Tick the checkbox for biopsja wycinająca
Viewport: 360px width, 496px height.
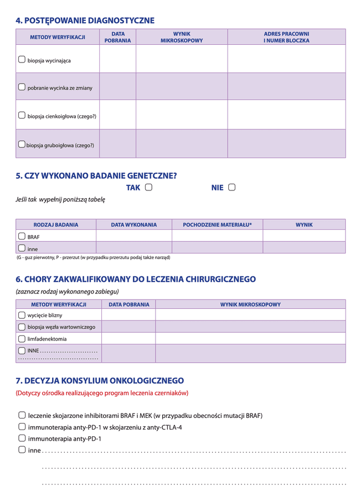click(x=22, y=59)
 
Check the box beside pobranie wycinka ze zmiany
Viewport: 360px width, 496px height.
click(x=22, y=87)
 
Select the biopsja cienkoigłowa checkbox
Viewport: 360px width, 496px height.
click(x=22, y=115)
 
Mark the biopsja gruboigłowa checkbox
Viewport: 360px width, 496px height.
click(x=22, y=144)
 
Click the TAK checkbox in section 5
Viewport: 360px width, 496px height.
click(x=148, y=187)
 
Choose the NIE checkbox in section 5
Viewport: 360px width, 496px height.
click(x=232, y=187)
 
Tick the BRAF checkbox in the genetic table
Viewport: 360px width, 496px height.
click(x=22, y=236)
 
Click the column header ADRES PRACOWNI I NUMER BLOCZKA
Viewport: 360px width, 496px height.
click(x=286, y=37)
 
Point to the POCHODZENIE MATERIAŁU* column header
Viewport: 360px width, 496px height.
click(x=217, y=225)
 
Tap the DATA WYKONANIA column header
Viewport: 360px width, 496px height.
click(x=133, y=225)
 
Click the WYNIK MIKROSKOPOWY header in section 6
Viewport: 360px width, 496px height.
click(x=250, y=304)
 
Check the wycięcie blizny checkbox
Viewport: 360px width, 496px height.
click(x=22, y=315)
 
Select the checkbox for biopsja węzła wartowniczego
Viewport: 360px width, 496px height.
click(x=22, y=327)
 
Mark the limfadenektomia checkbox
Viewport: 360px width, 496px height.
click(x=22, y=338)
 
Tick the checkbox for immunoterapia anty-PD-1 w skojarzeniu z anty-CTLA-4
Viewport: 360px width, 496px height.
click(x=22, y=427)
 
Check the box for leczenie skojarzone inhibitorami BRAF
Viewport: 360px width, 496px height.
click(x=22, y=415)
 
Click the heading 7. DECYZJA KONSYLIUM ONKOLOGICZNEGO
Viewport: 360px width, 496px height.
click(x=100, y=381)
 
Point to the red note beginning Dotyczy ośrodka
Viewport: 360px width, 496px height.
click(x=102, y=393)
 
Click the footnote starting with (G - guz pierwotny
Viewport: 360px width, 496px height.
click(x=93, y=257)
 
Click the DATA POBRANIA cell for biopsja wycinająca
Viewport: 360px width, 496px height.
click(x=117, y=59)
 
